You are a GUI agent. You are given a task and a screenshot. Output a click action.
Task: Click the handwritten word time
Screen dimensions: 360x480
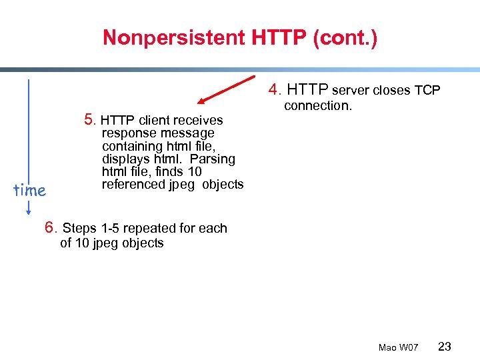(30, 191)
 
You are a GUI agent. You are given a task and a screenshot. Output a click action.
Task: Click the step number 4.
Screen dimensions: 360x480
(273, 89)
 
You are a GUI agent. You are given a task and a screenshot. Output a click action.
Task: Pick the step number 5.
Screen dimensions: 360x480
(89, 120)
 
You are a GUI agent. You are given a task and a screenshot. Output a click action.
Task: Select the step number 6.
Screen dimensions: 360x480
(49, 228)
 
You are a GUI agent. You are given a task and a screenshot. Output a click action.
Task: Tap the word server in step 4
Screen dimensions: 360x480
(351, 90)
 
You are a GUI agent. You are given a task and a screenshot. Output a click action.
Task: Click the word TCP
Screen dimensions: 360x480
(427, 90)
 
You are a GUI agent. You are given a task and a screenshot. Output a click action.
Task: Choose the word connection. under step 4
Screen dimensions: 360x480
(317, 106)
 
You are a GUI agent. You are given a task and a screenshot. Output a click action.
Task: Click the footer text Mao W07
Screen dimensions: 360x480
(398, 348)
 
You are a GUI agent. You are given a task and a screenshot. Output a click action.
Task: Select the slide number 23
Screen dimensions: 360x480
(445, 347)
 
